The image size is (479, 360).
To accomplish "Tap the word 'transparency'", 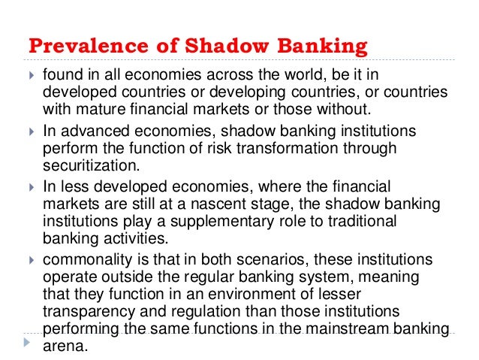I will pos(89,312).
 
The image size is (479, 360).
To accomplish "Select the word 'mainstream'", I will pos(349,328).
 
